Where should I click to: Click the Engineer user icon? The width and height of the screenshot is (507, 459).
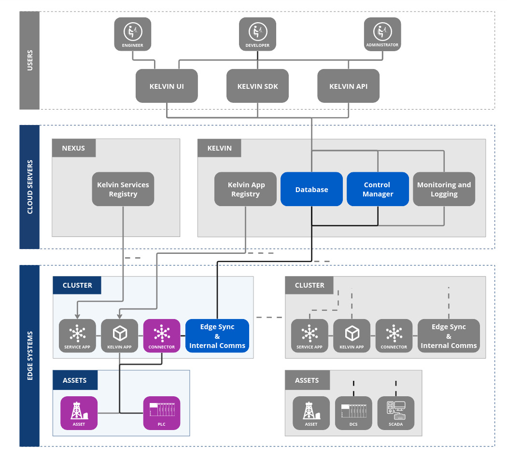(132, 34)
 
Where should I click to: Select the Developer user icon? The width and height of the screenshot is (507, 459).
(257, 34)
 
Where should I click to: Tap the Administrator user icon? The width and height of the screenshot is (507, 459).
(382, 34)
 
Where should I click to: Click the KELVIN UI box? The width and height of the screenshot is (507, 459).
(167, 86)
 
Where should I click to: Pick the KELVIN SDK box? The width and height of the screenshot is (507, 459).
(257, 86)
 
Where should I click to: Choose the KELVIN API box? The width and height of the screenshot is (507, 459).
(348, 86)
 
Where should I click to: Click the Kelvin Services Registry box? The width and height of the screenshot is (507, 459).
(123, 189)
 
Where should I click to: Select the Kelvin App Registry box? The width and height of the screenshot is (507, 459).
(245, 189)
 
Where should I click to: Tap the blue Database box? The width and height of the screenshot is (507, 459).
(311, 189)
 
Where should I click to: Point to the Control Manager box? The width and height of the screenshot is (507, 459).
(378, 189)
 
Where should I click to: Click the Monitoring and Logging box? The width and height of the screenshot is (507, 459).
(444, 189)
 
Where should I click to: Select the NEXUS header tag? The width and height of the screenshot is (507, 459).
(73, 148)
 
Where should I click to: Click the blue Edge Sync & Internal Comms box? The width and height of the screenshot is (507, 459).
(217, 336)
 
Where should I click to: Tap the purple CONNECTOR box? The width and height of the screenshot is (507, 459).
(161, 336)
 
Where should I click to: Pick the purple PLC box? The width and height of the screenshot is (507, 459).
(161, 413)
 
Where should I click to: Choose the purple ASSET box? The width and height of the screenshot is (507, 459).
(79, 413)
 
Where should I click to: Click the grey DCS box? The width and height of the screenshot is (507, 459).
(353, 413)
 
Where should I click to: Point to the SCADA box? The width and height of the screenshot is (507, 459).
(395, 413)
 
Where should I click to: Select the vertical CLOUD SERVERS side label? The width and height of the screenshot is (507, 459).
(29, 187)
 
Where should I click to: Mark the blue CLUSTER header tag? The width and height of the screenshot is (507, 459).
(77, 285)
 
